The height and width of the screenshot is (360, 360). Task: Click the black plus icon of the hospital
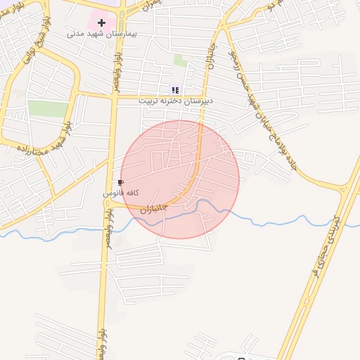tap(101, 22)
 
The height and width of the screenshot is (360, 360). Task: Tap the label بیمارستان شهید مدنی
tap(102, 34)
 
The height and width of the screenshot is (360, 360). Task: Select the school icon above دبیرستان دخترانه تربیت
tap(174, 90)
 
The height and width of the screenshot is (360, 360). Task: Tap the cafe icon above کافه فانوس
tap(120, 183)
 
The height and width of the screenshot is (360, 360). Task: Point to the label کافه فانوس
tap(121, 193)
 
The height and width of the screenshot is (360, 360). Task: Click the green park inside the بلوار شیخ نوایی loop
tap(47, 109)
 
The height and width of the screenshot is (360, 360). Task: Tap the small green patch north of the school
tap(181, 61)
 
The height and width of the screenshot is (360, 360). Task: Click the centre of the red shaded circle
tap(180, 179)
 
